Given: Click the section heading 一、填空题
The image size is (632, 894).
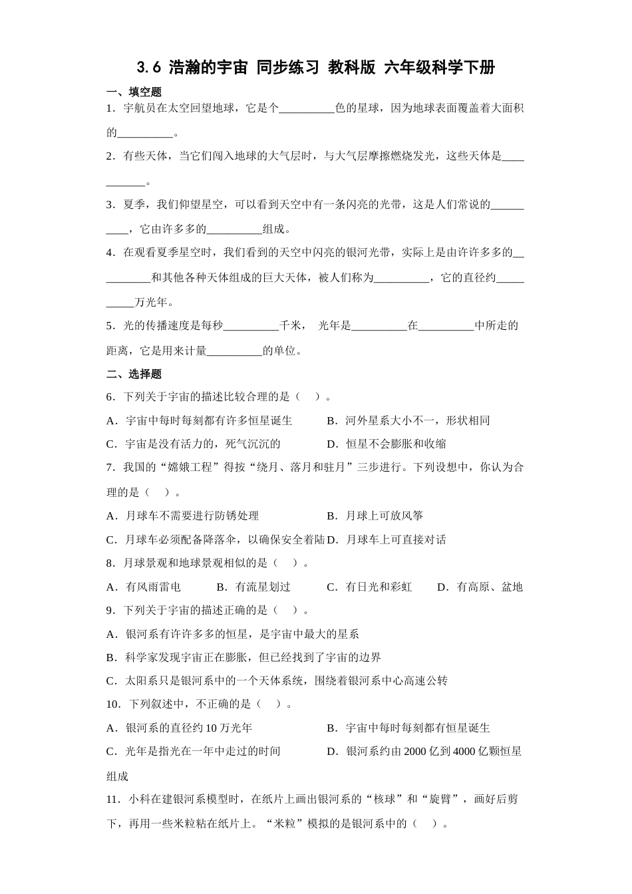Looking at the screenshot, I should click(x=134, y=92).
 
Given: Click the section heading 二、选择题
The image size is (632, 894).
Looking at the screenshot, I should click(x=134, y=374).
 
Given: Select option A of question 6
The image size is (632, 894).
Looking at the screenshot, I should click(x=200, y=420).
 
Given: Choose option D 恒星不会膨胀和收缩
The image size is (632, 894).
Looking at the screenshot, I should click(x=387, y=444).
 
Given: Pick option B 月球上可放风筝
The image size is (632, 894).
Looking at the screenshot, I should click(x=375, y=516).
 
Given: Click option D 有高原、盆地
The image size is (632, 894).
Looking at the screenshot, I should click(x=480, y=587).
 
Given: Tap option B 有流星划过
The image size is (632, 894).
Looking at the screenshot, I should click(x=254, y=587).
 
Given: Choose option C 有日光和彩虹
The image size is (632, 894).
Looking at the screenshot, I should click(x=370, y=587).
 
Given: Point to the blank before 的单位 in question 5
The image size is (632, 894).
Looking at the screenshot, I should click(x=235, y=351).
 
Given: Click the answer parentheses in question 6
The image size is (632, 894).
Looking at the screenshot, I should click(x=309, y=397).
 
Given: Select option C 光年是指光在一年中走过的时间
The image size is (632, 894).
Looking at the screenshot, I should click(x=194, y=751).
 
